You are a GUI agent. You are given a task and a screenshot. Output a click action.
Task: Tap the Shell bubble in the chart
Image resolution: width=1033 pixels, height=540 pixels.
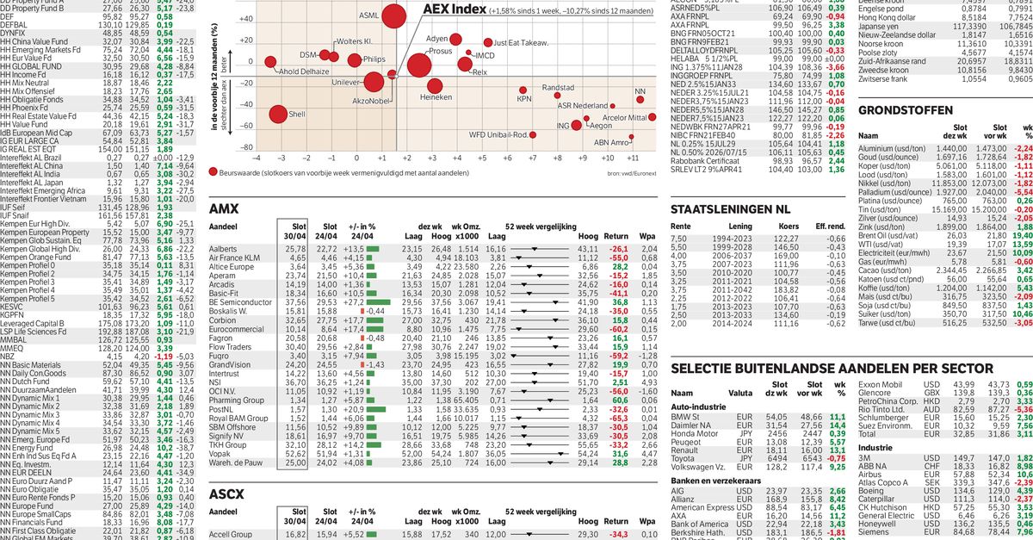[x=278, y=114]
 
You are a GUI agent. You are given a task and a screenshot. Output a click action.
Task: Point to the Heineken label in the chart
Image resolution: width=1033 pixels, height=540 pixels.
[x=436, y=98]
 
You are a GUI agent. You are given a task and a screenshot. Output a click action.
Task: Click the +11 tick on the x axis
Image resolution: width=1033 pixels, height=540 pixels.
[x=633, y=158]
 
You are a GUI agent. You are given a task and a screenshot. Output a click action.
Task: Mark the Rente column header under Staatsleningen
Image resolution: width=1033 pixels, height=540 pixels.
[x=681, y=226]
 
